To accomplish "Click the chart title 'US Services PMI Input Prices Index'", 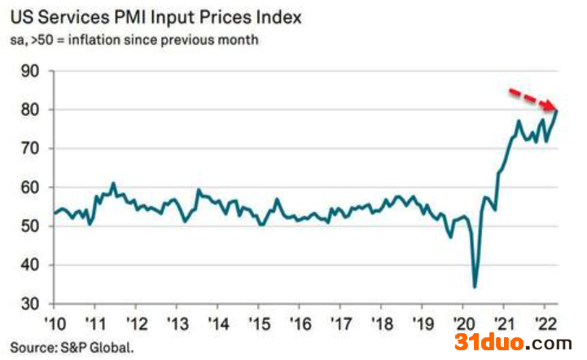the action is click(156, 18).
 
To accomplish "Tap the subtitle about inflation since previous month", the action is click(134, 40).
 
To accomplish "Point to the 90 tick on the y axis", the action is click(30, 71).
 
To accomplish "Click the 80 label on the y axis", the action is click(30, 110).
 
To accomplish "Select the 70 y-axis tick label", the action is click(30, 148).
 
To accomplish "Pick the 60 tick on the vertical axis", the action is click(30, 187).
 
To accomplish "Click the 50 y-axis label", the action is click(30, 226).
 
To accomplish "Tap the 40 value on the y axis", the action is click(30, 265).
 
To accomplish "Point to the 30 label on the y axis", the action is click(30, 304).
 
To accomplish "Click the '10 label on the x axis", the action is click(55, 323).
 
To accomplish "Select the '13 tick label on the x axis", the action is click(177, 323).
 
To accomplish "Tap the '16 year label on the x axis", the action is click(300, 323).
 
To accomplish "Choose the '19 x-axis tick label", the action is click(423, 323).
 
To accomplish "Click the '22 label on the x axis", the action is click(545, 323).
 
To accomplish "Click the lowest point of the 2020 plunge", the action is click(475, 288).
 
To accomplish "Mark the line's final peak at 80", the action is click(558, 111).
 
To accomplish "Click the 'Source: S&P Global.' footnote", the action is click(72, 347).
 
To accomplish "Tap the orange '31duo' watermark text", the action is click(489, 342).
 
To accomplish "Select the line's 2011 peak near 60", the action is click(113, 183).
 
